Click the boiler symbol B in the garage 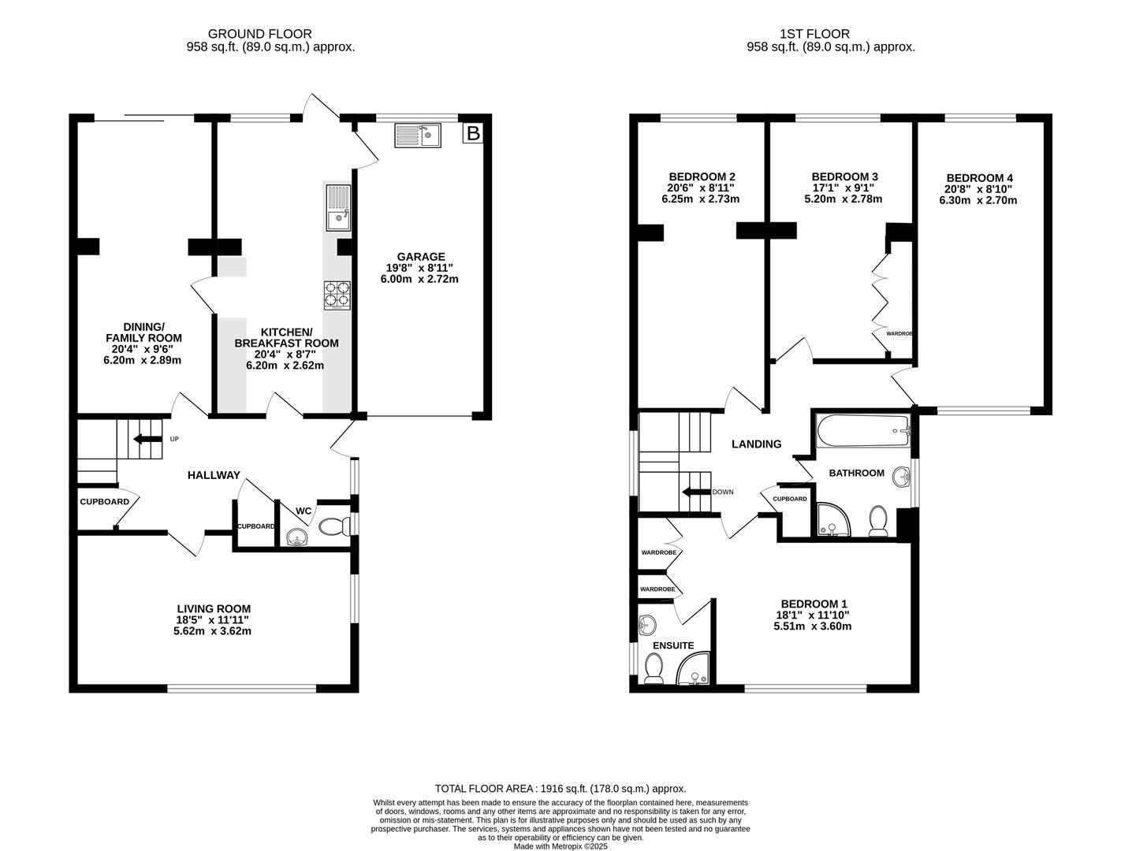coord(472,133)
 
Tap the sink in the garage coord(419,135)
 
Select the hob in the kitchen coord(337,295)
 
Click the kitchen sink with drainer coord(337,207)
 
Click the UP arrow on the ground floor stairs coord(147,439)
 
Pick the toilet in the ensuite coord(654,668)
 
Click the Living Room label coord(214,608)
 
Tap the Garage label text coord(421,257)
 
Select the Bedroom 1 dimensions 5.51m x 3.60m coord(812,626)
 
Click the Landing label coord(756,444)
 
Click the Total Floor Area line coord(560,788)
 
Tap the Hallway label coord(214,475)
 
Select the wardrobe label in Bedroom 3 coord(899,333)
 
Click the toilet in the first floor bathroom coord(878,521)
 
